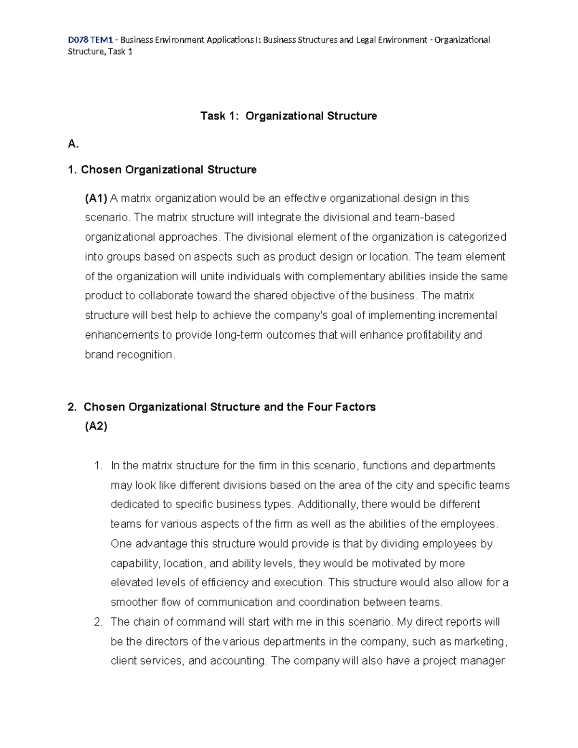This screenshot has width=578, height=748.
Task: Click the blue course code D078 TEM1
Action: coord(90,40)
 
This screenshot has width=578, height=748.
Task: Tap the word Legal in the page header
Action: coord(368,40)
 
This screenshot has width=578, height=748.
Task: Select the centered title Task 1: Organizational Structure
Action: coord(289,116)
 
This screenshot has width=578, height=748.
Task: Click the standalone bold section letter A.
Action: coord(73,144)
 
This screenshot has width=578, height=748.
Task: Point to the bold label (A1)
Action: coord(96,198)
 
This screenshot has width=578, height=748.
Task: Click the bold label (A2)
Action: coord(96,426)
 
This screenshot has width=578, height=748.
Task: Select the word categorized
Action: coord(477,237)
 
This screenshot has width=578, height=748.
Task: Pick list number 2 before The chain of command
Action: coord(98,622)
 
